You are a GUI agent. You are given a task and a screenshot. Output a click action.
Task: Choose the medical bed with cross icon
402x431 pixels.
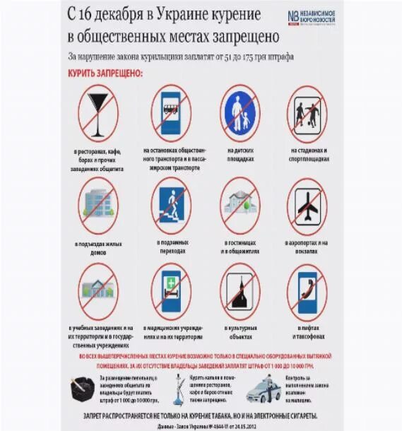(170, 290)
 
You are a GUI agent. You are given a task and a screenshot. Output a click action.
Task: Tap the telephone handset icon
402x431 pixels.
(307, 290)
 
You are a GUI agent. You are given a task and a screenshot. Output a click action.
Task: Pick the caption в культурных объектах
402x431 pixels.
(240, 330)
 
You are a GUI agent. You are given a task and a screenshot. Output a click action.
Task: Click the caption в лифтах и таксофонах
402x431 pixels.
(307, 330)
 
